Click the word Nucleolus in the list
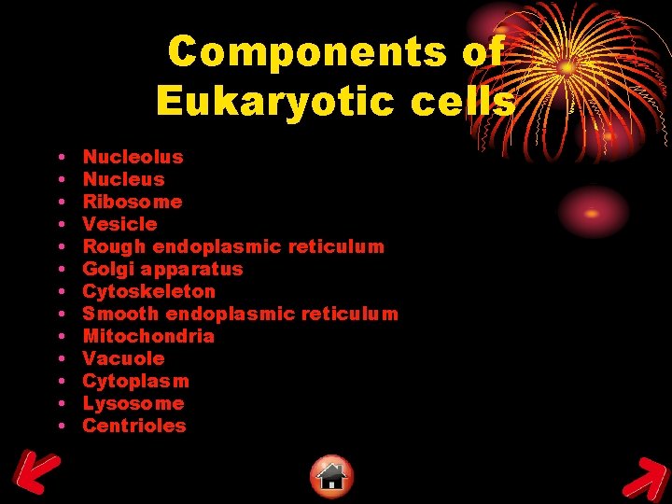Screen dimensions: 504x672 [133, 157]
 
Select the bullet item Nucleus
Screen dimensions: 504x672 [123, 179]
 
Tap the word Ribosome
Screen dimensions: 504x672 [133, 202]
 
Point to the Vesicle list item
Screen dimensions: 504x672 [119, 224]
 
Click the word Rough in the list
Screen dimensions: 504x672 [114, 246]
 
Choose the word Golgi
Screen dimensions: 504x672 [106, 269]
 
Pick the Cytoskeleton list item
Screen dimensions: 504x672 [148, 291]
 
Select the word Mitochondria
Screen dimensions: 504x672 [148, 336]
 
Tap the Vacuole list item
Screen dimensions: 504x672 [123, 358]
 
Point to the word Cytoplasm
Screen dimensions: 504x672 [135, 381]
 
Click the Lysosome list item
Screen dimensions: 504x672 [133, 403]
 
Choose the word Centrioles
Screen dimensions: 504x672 [134, 426]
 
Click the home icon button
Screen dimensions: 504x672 [331, 476]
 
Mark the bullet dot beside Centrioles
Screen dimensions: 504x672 [60, 426]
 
